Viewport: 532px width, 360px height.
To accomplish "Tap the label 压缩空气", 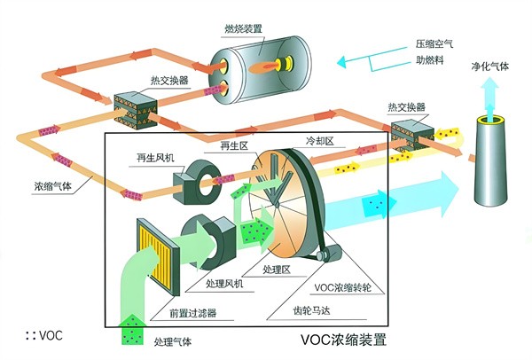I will click(438, 43).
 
